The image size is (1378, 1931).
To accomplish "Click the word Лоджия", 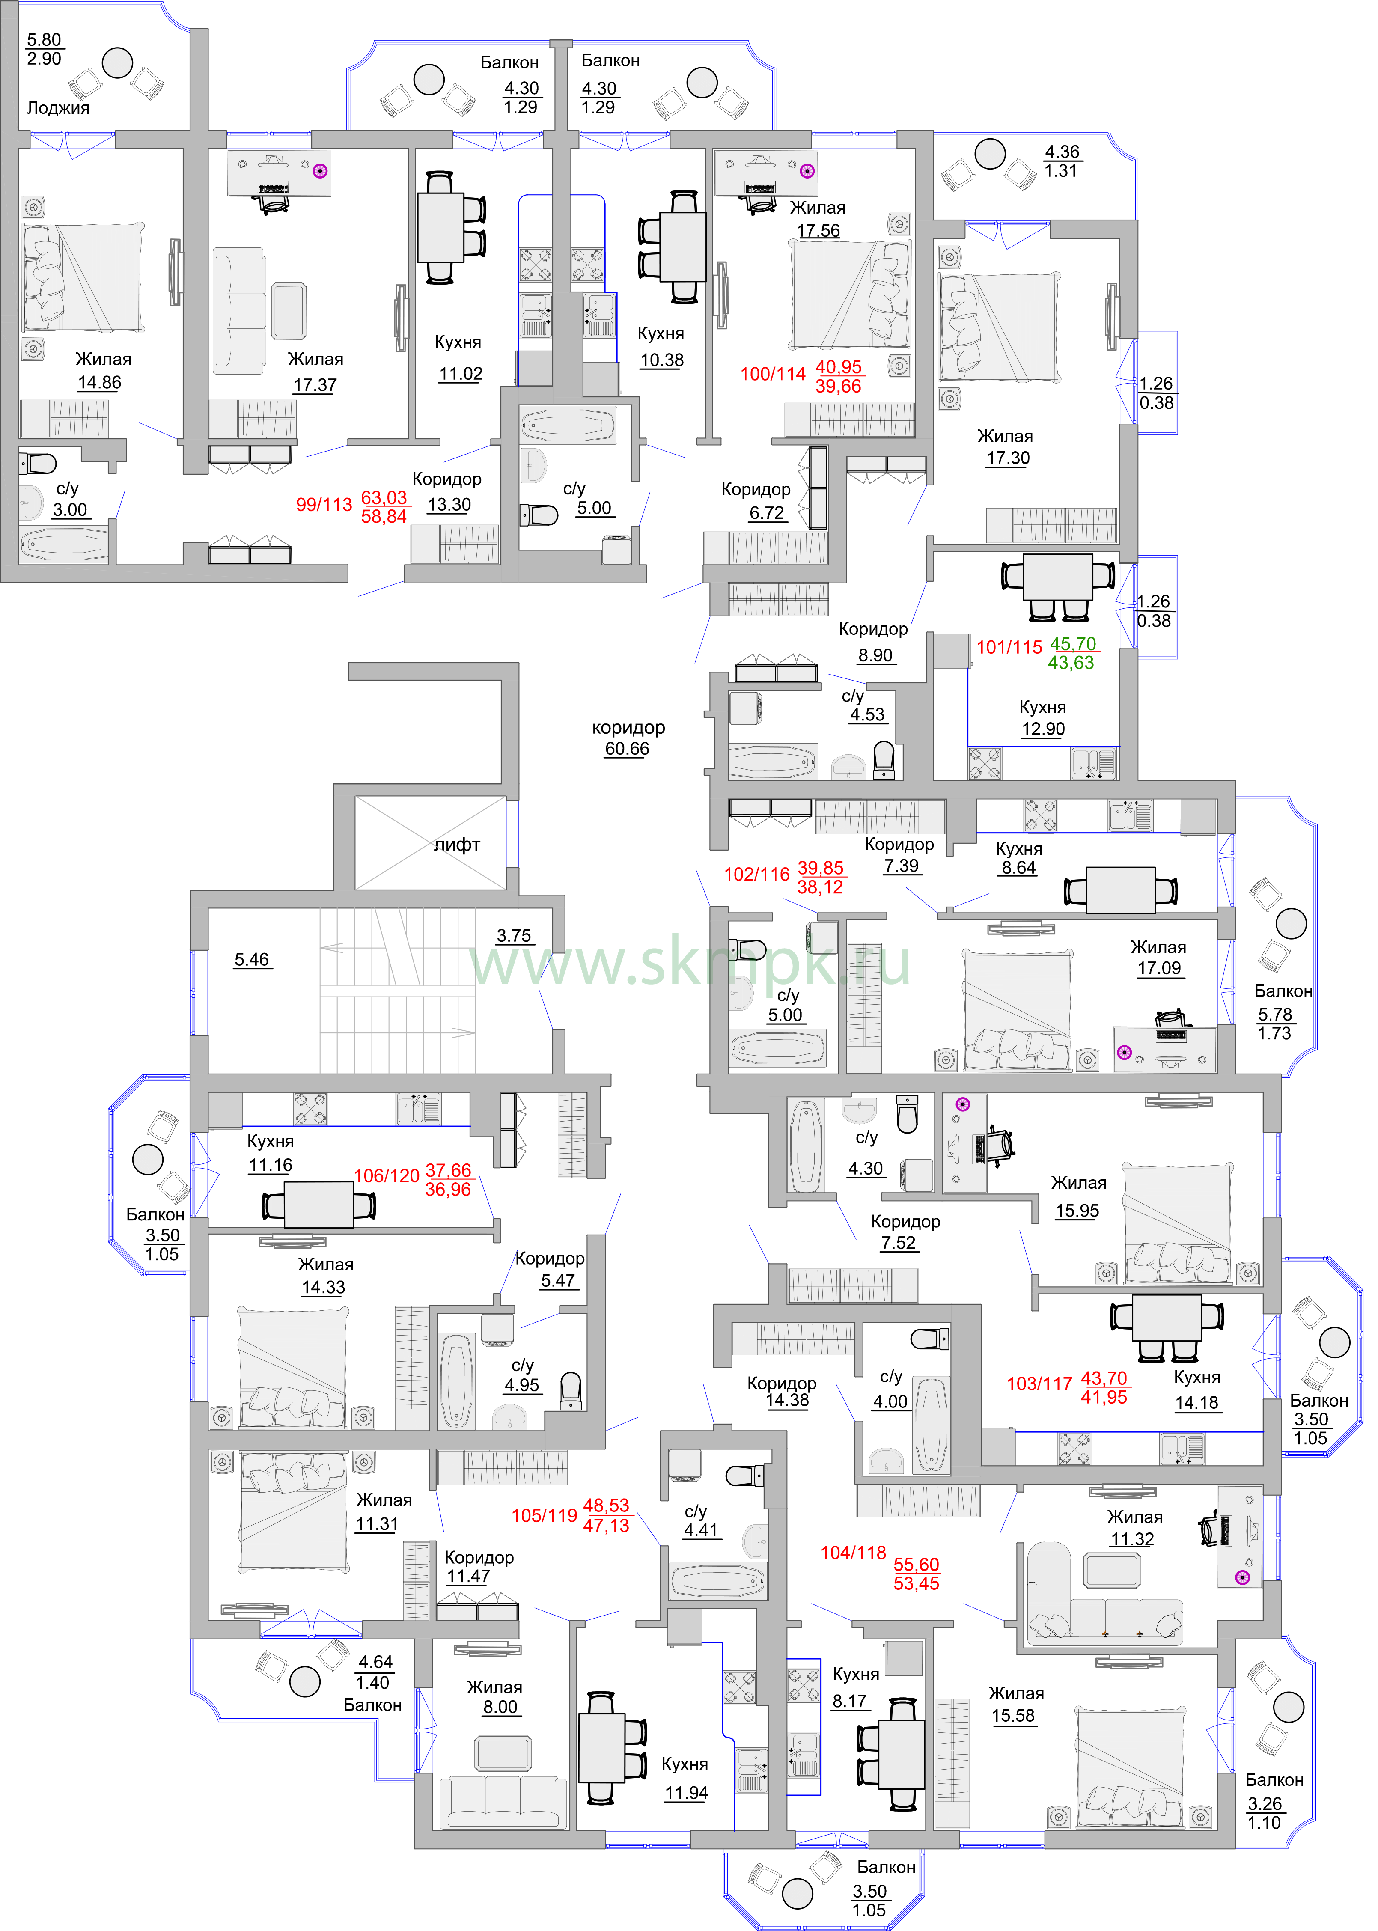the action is [x=58, y=108].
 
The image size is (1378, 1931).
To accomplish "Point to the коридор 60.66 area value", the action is [x=627, y=748].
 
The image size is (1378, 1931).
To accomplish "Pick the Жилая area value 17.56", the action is [x=818, y=231].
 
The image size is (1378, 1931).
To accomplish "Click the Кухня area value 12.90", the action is [x=1043, y=729].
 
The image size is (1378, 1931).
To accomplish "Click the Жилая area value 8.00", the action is [x=500, y=1707].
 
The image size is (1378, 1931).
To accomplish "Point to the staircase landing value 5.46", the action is [x=251, y=960].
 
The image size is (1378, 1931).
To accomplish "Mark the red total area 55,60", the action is [x=917, y=1565].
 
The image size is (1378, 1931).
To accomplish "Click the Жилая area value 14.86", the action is [x=99, y=383].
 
